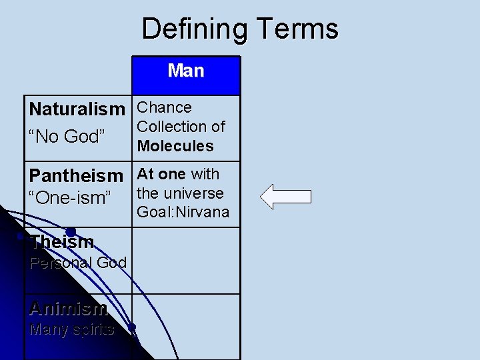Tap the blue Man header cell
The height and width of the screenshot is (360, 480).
pyautogui.click(x=186, y=75)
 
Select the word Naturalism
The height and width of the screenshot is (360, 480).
pyautogui.click(x=77, y=109)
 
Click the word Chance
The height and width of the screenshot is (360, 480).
pyautogui.click(x=164, y=108)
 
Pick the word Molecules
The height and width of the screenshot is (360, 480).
pyautogui.click(x=175, y=145)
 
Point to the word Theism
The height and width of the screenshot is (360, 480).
pyautogui.click(x=62, y=242)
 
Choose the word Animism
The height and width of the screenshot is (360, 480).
pyautogui.click(x=67, y=309)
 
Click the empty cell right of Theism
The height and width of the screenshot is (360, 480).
pyautogui.click(x=186, y=260)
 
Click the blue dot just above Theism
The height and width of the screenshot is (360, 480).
pyautogui.click(x=69, y=232)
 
